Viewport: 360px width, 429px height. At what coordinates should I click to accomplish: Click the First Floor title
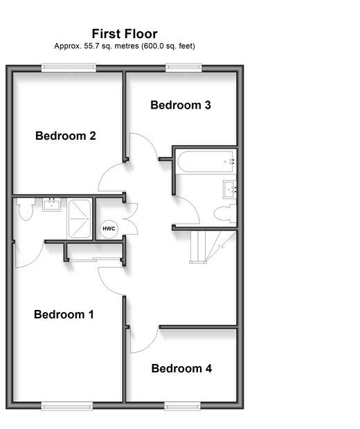pos(125,34)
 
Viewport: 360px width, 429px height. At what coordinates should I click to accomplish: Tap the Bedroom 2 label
pos(66,136)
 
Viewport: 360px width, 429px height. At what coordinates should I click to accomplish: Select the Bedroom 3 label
pos(181,105)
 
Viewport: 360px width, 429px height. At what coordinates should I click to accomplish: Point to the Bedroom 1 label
pos(64,314)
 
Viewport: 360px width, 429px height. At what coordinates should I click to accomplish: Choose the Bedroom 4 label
pos(181,369)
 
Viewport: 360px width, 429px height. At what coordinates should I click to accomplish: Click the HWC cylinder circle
pos(109,229)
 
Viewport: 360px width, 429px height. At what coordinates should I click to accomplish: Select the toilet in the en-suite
pos(26,209)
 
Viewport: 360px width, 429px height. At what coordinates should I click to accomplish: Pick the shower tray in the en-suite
pos(80,219)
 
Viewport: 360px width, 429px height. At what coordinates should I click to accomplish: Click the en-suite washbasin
pos(51,205)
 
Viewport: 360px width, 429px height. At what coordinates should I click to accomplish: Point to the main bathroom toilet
pos(225,213)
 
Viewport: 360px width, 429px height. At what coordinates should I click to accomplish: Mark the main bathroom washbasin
pos(230,190)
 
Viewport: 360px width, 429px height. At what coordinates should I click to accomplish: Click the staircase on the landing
pos(213,247)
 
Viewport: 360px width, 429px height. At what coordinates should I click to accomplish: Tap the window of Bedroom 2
pos(69,68)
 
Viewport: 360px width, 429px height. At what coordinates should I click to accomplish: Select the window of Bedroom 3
pos(183,68)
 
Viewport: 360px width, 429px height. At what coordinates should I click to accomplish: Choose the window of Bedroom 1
pos(67,406)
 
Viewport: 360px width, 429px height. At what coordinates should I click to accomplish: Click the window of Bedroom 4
pos(182,406)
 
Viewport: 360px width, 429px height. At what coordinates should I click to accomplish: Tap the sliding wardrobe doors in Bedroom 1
pos(94,259)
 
